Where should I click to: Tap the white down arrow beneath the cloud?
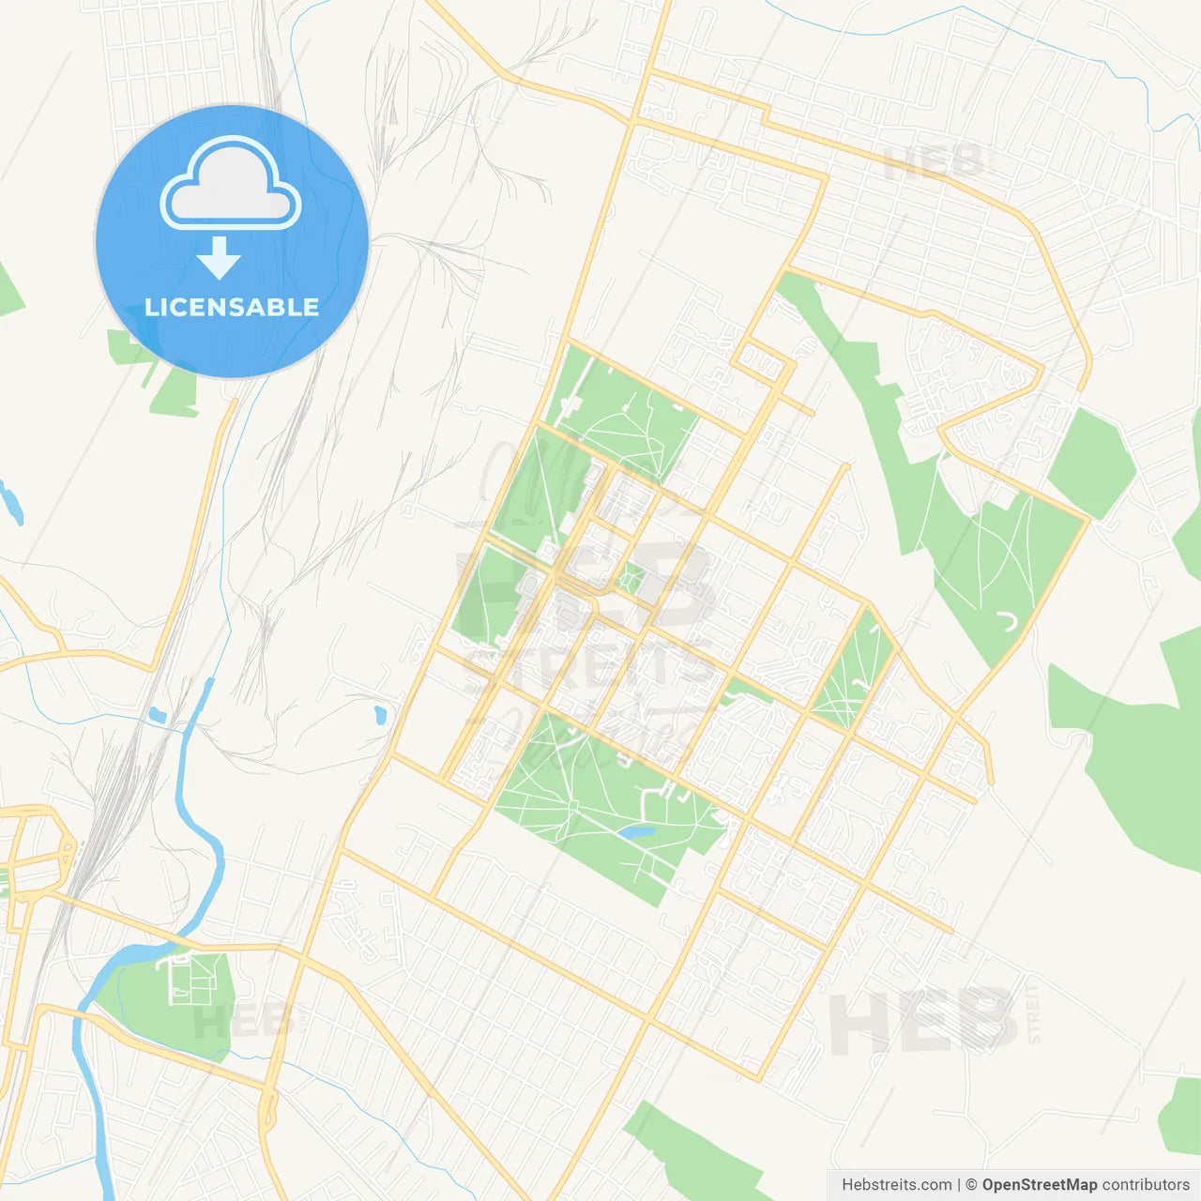pos(219,258)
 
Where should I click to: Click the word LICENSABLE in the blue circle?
pos(232,307)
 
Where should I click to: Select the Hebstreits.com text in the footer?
pos(896,1185)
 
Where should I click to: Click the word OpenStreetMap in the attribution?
pos(1039,1185)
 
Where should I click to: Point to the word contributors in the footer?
pos(1146,1185)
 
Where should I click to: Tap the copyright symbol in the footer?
pos(971,1185)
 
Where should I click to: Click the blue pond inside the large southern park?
pos(634,832)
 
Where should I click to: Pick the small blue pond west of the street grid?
pos(380,716)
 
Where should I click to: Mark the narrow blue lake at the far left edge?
pos(13,502)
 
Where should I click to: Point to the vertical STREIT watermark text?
pos(1034,1011)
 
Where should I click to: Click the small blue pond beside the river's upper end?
pos(158,716)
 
